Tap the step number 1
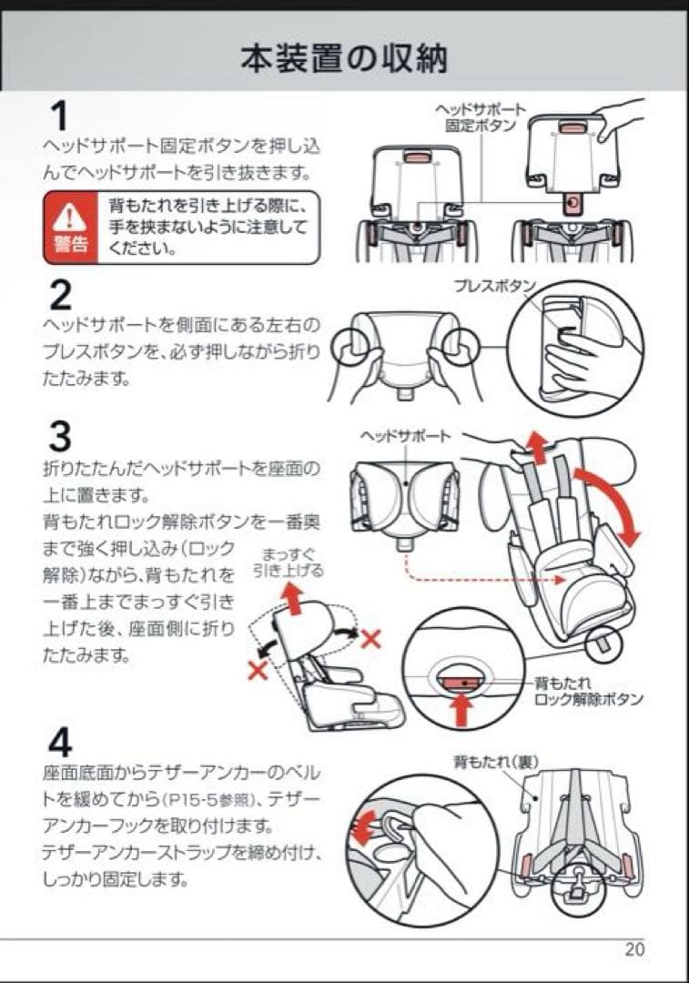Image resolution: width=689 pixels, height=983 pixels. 58,117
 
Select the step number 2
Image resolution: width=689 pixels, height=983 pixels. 60,295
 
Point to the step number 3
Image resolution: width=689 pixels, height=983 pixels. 60,438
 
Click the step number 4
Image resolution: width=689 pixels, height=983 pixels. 60,743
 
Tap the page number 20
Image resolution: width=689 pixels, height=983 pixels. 634,949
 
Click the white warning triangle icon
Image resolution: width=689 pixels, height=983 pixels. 69,217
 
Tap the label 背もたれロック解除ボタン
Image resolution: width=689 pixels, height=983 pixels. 588,691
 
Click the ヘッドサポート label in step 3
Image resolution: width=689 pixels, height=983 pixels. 406,436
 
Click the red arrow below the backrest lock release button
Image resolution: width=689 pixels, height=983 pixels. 461,707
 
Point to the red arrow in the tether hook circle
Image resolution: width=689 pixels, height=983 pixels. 366,829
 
